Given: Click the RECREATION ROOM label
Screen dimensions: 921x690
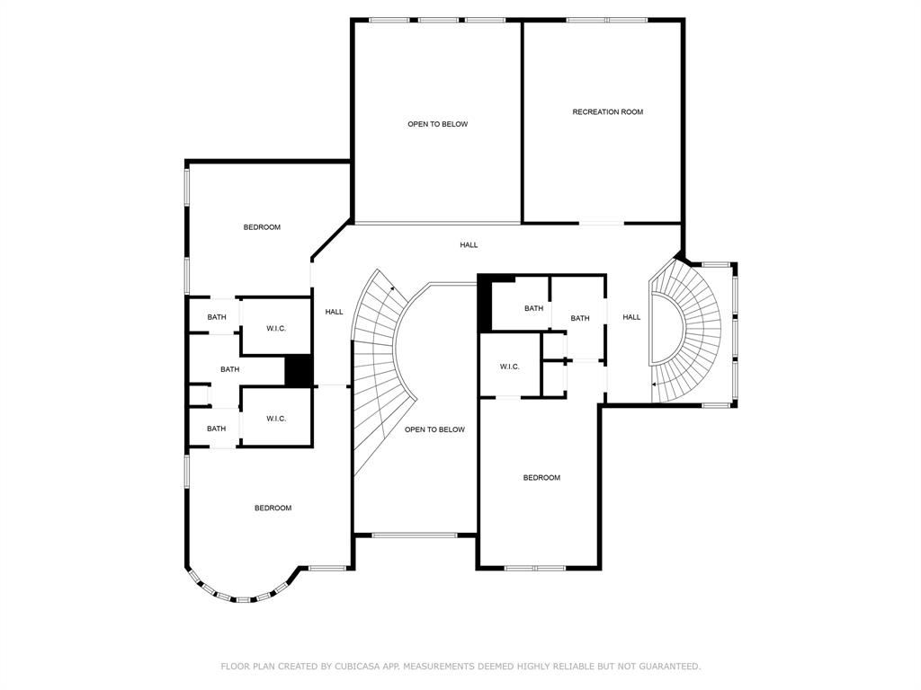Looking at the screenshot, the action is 607,111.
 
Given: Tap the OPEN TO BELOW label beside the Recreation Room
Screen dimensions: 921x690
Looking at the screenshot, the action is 438,124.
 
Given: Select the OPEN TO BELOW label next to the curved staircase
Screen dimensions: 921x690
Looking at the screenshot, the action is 434,429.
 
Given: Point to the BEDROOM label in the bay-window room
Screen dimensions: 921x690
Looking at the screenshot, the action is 273,509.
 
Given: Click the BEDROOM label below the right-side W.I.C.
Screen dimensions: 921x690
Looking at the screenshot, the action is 541,478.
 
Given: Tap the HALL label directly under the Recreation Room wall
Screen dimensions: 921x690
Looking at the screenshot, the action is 469,244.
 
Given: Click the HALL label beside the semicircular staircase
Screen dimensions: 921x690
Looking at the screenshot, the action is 631,317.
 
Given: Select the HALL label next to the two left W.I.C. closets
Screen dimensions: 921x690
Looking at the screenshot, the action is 335,312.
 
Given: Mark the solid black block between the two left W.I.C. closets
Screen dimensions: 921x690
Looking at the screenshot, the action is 299,371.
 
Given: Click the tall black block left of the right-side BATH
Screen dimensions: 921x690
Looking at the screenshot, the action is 485,304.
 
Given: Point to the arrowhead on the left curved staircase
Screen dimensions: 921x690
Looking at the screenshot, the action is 392,288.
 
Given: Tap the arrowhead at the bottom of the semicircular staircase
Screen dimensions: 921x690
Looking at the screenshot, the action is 655,385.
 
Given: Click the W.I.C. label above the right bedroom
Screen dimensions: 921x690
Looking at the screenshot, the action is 509,367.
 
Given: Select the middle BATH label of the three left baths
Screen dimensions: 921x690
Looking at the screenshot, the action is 229,369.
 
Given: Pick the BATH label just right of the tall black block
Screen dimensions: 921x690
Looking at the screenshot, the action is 533,308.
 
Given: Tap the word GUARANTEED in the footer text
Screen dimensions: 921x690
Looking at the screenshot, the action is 669,666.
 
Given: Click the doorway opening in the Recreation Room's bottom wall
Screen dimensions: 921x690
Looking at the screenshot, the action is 601,223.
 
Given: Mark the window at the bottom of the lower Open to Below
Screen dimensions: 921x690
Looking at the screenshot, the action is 415,535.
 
